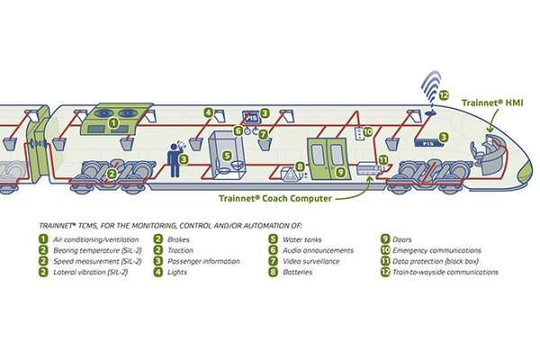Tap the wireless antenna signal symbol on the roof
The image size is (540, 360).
(x=428, y=87)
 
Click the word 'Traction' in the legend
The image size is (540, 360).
(x=182, y=250)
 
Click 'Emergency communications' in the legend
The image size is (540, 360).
(x=437, y=250)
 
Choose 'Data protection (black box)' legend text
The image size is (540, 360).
(x=436, y=261)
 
